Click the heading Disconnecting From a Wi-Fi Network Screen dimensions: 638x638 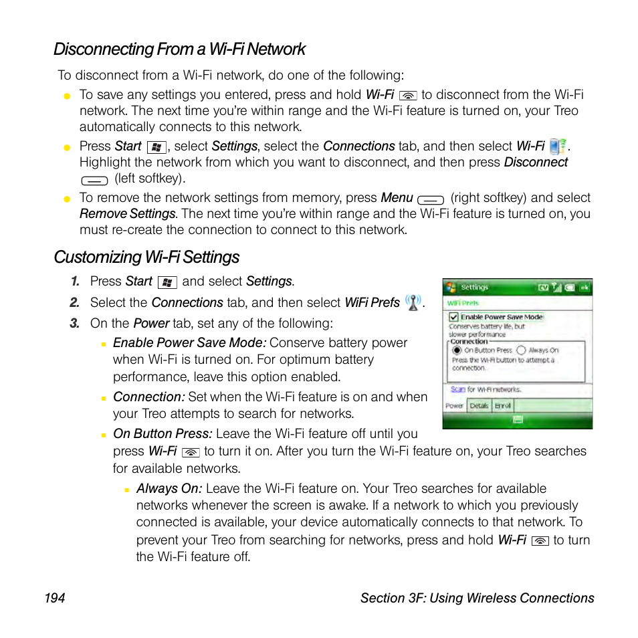pyautogui.click(x=179, y=49)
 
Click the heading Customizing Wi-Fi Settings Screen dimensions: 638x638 pyautogui.click(x=146, y=257)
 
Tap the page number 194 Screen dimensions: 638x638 pyautogui.click(x=55, y=598)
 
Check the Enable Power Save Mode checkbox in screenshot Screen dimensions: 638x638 pyautogui.click(x=453, y=317)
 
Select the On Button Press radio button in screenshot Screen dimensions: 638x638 pyautogui.click(x=457, y=350)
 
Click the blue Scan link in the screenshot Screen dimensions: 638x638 pyautogui.click(x=457, y=389)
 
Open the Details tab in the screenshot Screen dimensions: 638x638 pyautogui.click(x=479, y=406)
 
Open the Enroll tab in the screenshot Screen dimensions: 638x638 pyautogui.click(x=503, y=406)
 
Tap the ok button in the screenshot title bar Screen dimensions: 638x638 pyautogui.click(x=584, y=288)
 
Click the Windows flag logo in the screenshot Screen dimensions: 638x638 pyautogui.click(x=451, y=288)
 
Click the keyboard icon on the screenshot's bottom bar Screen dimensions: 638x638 pyautogui.click(x=517, y=420)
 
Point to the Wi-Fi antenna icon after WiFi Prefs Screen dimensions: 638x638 pyautogui.click(x=413, y=303)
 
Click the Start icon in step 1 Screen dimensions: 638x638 pyautogui.click(x=167, y=282)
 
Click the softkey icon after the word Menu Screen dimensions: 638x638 pyautogui.click(x=431, y=199)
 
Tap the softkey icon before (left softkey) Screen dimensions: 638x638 pyautogui.click(x=94, y=180)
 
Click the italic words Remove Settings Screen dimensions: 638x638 pyautogui.click(x=127, y=214)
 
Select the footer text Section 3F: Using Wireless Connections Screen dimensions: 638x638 pyautogui.click(x=477, y=598)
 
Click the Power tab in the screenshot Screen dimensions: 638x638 pyautogui.click(x=454, y=406)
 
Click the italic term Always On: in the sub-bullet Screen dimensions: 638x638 pyautogui.click(x=169, y=489)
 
